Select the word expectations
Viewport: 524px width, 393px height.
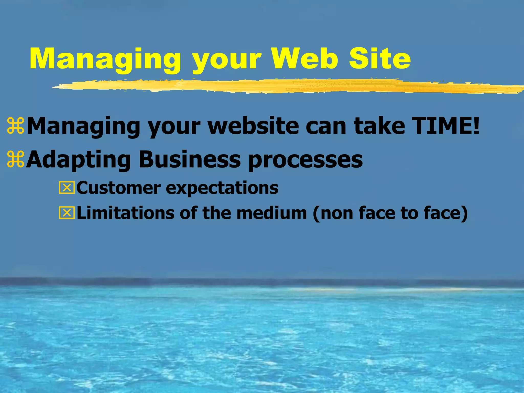click(x=222, y=189)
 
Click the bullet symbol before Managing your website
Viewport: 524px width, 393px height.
click(x=16, y=126)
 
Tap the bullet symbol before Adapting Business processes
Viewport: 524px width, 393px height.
click(x=16, y=159)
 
